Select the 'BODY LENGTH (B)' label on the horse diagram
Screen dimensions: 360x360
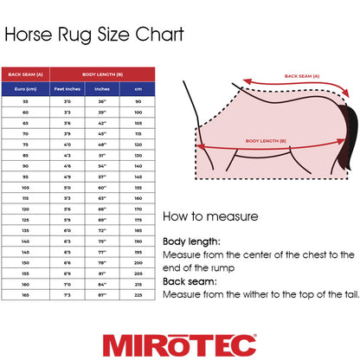(x=267, y=139)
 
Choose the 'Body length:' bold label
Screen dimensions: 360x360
(x=190, y=242)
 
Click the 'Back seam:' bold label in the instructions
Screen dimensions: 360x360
(x=188, y=280)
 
